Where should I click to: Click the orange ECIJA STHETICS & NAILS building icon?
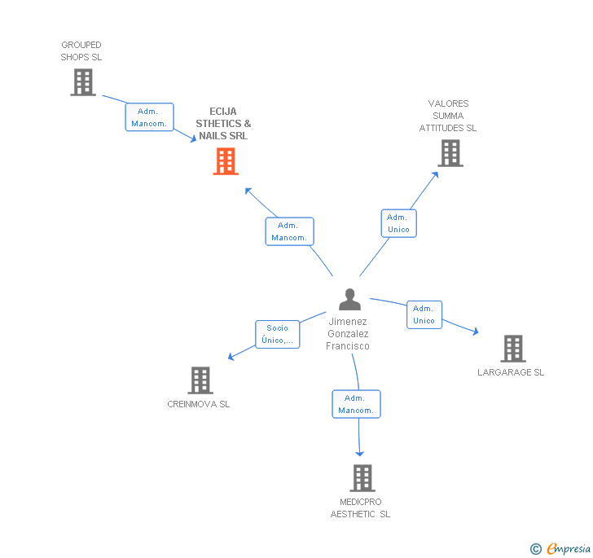pyautogui.click(x=226, y=161)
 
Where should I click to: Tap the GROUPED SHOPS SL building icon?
pyautogui.click(x=82, y=82)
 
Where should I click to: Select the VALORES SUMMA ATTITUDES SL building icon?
pyautogui.click(x=450, y=152)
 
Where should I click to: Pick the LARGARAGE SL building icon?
pyautogui.click(x=512, y=349)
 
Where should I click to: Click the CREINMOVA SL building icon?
pyautogui.click(x=200, y=380)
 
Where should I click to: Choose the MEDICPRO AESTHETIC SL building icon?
pyautogui.click(x=362, y=478)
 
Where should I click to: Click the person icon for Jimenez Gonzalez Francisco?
pyautogui.click(x=349, y=300)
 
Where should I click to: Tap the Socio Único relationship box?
pyautogui.click(x=278, y=334)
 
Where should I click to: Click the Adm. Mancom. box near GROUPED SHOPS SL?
pyautogui.click(x=149, y=117)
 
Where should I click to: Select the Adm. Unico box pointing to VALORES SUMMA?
pyautogui.click(x=398, y=223)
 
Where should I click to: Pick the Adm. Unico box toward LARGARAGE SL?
pyautogui.click(x=424, y=314)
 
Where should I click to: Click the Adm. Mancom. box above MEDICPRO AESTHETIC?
pyautogui.click(x=356, y=404)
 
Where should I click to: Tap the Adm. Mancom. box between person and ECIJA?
pyautogui.click(x=289, y=231)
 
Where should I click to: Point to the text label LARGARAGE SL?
pyautogui.click(x=511, y=372)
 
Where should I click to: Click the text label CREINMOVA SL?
pyautogui.click(x=199, y=404)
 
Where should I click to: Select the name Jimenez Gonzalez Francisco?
pyautogui.click(x=348, y=334)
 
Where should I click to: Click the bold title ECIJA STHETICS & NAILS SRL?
pyautogui.click(x=223, y=124)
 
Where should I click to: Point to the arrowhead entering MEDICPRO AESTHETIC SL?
pyautogui.click(x=359, y=452)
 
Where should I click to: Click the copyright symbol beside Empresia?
pyautogui.click(x=536, y=549)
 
